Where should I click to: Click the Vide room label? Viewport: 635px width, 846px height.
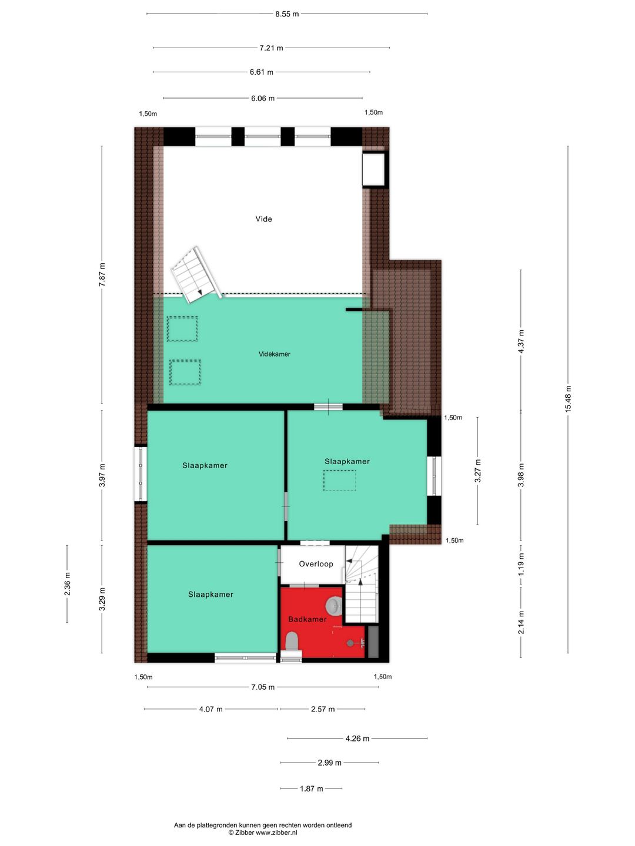[x=263, y=219]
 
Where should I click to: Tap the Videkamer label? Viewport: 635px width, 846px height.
[x=274, y=354]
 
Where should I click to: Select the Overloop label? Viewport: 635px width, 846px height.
[x=316, y=564]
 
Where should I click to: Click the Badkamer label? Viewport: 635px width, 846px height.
[x=307, y=619]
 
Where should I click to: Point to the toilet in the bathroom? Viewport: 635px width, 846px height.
[x=292, y=642]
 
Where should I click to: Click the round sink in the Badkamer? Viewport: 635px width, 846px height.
[x=334, y=605]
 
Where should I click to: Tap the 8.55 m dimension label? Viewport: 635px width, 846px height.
[x=287, y=14]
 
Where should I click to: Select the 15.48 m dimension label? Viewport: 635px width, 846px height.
[x=568, y=399]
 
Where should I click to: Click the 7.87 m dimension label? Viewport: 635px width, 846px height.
[x=102, y=275]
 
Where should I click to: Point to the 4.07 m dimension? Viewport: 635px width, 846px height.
[x=210, y=709]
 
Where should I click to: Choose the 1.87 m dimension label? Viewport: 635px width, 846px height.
[x=311, y=788]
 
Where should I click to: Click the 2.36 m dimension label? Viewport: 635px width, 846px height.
[x=67, y=584]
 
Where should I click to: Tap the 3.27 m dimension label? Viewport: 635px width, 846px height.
[x=477, y=471]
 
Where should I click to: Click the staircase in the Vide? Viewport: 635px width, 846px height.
[x=194, y=276]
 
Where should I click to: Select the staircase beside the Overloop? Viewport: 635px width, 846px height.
[x=360, y=585]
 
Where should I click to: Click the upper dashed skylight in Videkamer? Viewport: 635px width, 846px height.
[x=182, y=329]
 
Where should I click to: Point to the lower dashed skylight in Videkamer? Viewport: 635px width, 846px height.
[x=185, y=372]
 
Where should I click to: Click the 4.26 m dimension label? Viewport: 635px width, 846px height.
[x=357, y=738]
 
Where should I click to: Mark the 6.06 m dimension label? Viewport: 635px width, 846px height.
[x=262, y=99]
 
